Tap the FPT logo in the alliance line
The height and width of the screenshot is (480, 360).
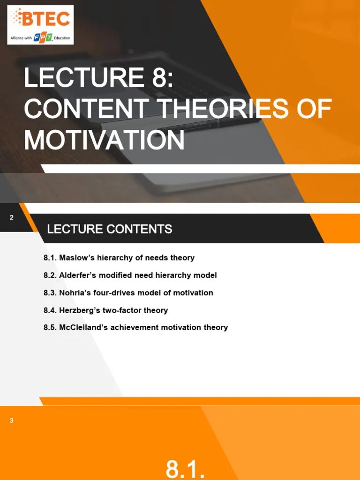pos(43,37)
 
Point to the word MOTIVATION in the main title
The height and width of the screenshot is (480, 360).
pos(104,139)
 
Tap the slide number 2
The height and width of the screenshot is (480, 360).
pos(12,217)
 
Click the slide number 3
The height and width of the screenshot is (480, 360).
pos(12,420)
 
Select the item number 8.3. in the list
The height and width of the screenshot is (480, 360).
pos(50,292)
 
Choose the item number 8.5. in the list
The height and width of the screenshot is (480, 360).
pos(50,327)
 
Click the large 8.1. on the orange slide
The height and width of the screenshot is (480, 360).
pos(186,469)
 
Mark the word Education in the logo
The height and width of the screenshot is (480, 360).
pos(62,38)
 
